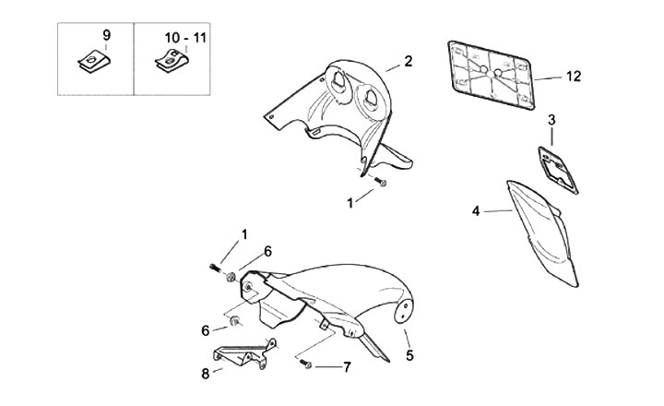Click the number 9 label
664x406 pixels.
106,35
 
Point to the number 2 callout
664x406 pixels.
407,62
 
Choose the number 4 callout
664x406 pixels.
476,211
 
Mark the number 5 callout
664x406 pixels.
409,353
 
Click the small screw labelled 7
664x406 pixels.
305,364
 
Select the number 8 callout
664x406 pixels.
206,375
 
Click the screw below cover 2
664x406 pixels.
381,185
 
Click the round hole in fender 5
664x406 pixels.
403,313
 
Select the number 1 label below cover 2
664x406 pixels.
350,200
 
